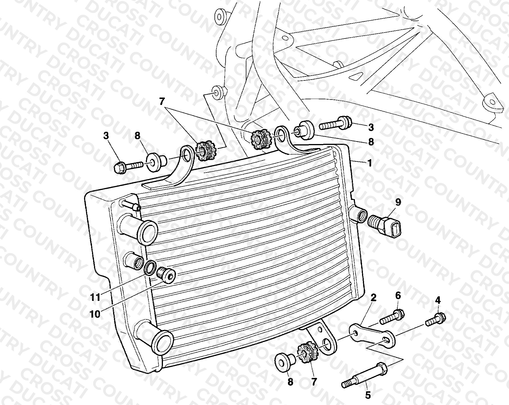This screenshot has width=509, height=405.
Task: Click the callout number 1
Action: [x=369, y=163]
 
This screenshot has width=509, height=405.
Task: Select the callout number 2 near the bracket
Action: [x=373, y=298]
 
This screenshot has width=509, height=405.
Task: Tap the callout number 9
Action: [x=398, y=202]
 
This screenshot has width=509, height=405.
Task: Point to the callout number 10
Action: [x=95, y=315]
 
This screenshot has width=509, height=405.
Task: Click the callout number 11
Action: [x=95, y=297]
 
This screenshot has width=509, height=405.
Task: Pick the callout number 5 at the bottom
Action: [x=368, y=396]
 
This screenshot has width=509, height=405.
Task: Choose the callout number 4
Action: [x=438, y=300]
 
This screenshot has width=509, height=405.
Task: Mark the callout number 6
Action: [x=398, y=296]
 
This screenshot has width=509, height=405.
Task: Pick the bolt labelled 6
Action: [x=392, y=317]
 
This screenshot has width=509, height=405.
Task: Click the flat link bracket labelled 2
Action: [x=372, y=336]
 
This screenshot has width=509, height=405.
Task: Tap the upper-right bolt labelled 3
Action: [x=335, y=124]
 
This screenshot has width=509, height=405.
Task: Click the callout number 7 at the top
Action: [x=162, y=102]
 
